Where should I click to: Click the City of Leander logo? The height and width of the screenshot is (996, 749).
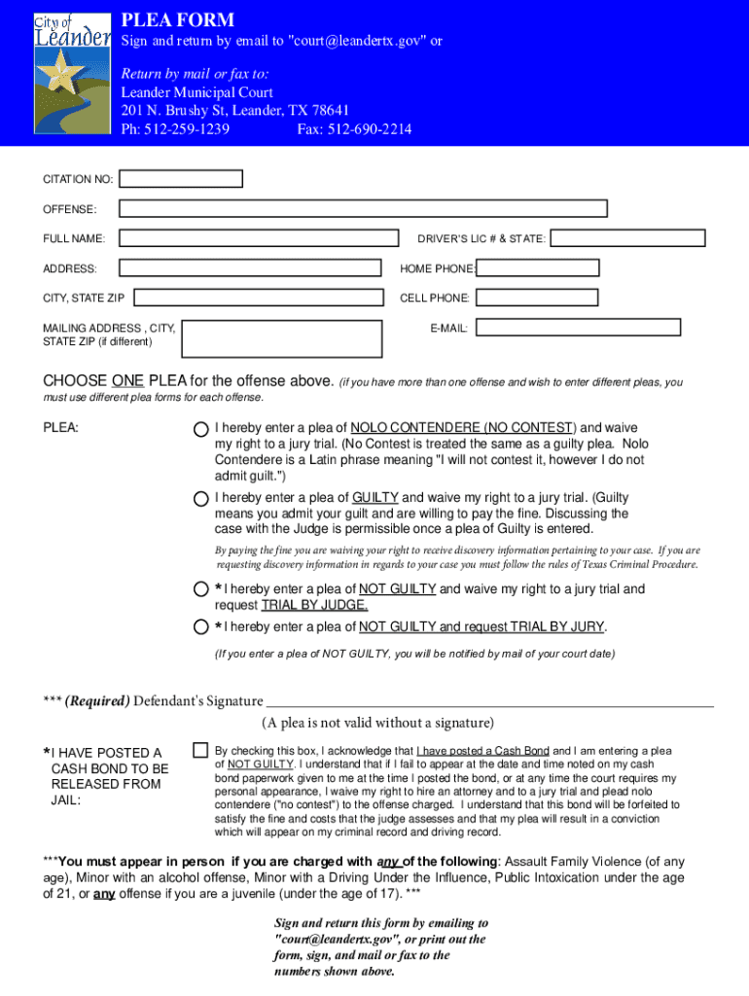(x=71, y=72)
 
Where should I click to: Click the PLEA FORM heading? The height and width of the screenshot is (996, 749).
(x=177, y=19)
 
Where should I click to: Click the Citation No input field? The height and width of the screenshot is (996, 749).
(x=181, y=179)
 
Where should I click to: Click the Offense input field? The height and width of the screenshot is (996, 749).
(x=363, y=208)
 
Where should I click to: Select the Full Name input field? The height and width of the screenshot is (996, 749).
(x=259, y=238)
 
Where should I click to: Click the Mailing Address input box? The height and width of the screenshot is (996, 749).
(x=281, y=338)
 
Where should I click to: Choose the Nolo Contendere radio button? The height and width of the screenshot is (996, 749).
(x=200, y=429)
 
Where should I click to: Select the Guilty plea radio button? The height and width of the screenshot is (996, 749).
(x=200, y=499)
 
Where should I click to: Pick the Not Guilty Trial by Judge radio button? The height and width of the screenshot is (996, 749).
(x=200, y=589)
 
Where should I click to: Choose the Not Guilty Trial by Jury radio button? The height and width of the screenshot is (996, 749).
(x=200, y=626)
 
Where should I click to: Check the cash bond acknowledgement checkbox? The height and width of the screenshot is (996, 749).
(x=199, y=750)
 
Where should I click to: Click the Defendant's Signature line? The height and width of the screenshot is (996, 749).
(x=489, y=699)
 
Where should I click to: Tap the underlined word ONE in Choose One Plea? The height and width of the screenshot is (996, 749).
(x=128, y=380)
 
